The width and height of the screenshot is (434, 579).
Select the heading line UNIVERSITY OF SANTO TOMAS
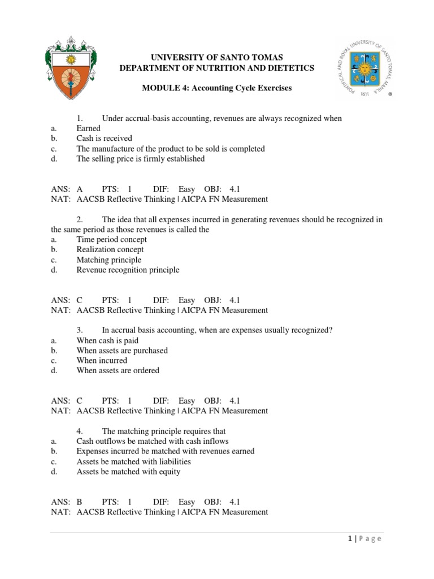pyautogui.click(x=216, y=58)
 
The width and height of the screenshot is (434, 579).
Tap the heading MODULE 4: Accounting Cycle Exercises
pyautogui.click(x=216, y=89)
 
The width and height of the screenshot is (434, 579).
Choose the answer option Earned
pyautogui.click(x=89, y=128)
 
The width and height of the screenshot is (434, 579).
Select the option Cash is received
pyautogui.click(x=104, y=139)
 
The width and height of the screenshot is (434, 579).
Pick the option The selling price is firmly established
pyautogui.click(x=140, y=159)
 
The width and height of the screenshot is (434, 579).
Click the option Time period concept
pyautogui.click(x=111, y=239)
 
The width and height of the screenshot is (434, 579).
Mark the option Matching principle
pyautogui.click(x=108, y=260)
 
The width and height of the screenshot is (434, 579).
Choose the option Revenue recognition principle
pyautogui.click(x=128, y=270)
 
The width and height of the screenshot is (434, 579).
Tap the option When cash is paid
pyautogui.click(x=107, y=340)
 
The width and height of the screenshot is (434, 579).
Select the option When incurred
pyautogui.click(x=102, y=360)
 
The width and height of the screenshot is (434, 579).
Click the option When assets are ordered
pyautogui.click(x=118, y=370)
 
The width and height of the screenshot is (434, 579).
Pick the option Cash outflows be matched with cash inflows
pyautogui.click(x=153, y=441)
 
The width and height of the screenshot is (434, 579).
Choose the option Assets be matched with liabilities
pyautogui.click(x=133, y=461)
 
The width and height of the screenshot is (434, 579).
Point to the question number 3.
pyautogui.click(x=81, y=330)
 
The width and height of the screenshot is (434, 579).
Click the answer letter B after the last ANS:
pyautogui.click(x=80, y=502)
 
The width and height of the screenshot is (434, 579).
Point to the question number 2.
pyautogui.click(x=81, y=219)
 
